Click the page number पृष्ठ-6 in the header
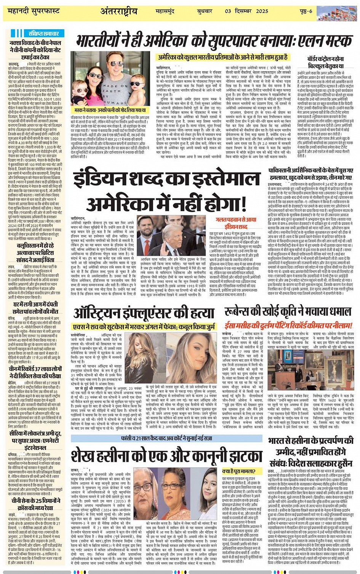point(305,11)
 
